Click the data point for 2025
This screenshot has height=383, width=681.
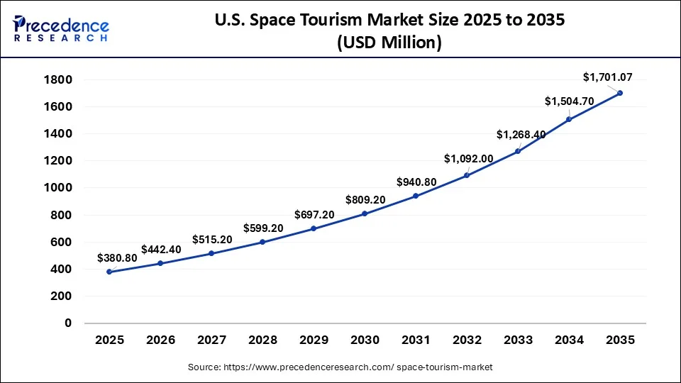109,272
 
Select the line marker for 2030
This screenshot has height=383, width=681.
365,213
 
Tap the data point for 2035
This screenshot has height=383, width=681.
620,93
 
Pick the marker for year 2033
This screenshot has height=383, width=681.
518,151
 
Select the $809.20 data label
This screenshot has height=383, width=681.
365,200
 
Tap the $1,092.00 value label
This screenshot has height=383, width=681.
468,158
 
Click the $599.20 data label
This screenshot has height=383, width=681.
263,228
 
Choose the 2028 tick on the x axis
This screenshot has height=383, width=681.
262,340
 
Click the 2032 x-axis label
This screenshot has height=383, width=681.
467,340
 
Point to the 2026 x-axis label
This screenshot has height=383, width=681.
160,340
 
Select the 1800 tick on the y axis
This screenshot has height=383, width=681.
57,79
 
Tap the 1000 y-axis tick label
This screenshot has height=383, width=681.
57,188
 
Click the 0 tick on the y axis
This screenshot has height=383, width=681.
68,323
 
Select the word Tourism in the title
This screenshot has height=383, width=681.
364,21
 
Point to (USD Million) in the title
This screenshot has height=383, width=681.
389,43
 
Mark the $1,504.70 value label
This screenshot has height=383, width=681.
568,101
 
